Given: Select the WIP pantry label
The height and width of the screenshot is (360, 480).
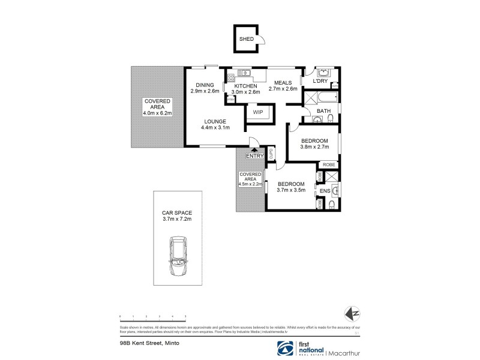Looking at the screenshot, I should click(259, 112).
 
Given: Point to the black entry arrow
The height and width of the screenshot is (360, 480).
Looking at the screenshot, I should click(254, 150).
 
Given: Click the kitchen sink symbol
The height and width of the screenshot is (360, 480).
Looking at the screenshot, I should click(244, 73).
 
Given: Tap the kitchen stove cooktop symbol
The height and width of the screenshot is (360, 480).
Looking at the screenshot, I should click(231, 77).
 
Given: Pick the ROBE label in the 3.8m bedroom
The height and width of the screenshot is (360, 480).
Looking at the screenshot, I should click(328, 164).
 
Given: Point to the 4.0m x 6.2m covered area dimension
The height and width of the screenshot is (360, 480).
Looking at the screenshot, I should click(157, 113).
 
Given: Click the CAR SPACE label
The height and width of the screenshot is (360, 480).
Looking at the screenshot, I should click(176, 212).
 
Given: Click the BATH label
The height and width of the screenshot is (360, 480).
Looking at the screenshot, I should click(324, 111).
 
